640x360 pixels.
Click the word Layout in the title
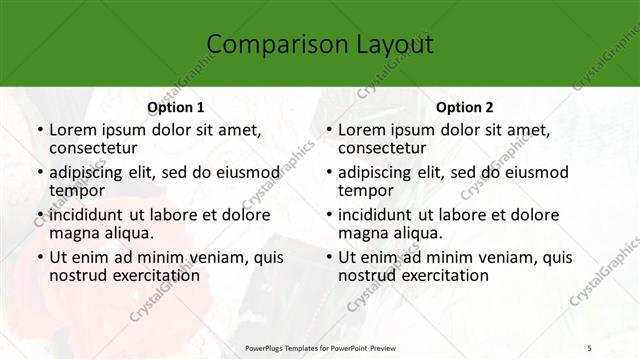click(x=392, y=43)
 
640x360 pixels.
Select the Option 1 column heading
click(x=176, y=106)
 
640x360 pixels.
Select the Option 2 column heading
click(x=465, y=106)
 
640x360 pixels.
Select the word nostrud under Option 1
click(x=80, y=275)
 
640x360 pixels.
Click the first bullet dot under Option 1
click(x=39, y=130)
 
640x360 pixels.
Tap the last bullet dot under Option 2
click(x=328, y=257)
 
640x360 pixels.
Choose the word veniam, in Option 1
click(x=216, y=257)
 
